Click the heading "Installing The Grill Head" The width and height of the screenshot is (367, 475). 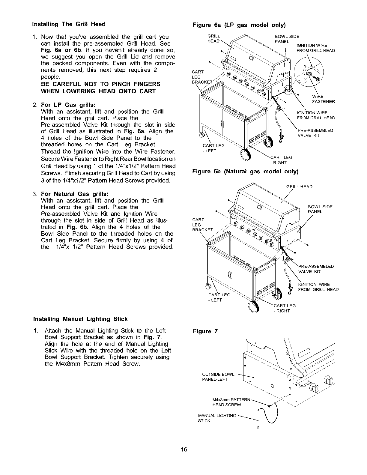(69, 24)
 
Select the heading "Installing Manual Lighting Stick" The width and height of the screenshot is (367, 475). (80, 319)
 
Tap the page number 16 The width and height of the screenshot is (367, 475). (184, 449)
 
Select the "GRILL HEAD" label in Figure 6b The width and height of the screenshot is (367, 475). (299, 187)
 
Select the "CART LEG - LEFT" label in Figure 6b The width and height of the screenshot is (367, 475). (219, 297)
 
